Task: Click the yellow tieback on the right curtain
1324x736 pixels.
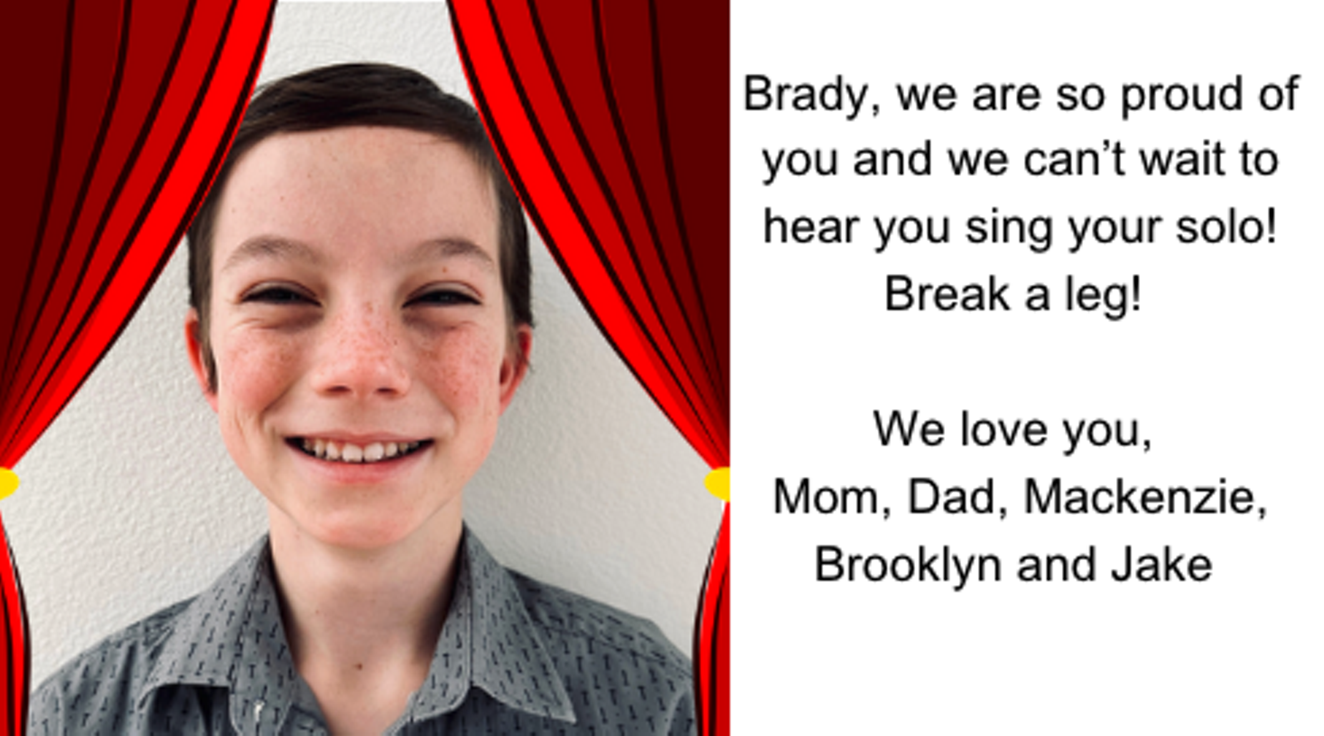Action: [x=718, y=484]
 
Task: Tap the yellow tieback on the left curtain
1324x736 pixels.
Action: [x=8, y=483]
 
